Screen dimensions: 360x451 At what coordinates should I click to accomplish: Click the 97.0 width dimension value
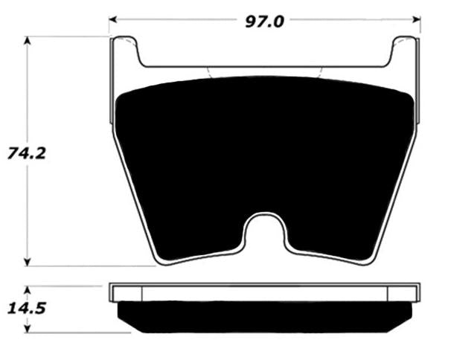(264, 20)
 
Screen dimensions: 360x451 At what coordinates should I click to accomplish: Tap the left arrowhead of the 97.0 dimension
(112, 21)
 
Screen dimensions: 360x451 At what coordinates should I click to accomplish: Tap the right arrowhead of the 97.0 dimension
(417, 21)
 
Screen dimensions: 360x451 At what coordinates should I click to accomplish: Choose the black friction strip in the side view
(264, 316)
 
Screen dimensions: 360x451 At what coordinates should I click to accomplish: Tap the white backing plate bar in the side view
(264, 292)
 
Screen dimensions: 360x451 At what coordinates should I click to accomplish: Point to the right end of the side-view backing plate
(418, 292)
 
